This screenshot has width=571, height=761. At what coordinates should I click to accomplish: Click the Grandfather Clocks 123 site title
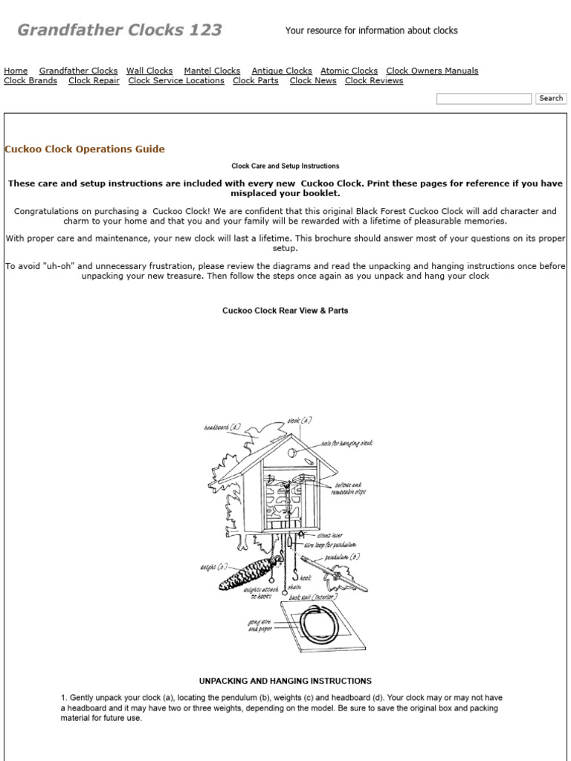(119, 30)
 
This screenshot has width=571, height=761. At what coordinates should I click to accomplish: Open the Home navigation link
(16, 71)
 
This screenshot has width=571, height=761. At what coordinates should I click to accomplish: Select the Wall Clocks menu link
(149, 71)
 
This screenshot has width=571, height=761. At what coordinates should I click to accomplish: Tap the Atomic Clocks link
(349, 71)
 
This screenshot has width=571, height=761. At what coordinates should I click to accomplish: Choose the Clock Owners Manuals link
(432, 71)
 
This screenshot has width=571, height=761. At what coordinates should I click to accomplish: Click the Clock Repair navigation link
(94, 81)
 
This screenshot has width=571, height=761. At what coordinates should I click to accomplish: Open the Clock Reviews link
(374, 81)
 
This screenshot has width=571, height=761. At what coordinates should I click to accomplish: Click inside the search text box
(483, 99)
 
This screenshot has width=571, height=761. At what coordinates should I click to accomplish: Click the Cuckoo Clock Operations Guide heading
(85, 149)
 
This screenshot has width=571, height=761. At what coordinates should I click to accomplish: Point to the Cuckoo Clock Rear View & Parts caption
(285, 311)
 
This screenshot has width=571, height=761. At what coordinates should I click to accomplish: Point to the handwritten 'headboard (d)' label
(222, 427)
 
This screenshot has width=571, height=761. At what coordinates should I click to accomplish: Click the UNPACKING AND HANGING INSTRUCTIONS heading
(285, 681)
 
